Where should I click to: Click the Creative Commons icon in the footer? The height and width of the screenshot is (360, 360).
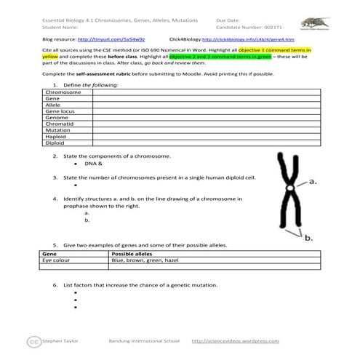(x=32, y=340)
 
